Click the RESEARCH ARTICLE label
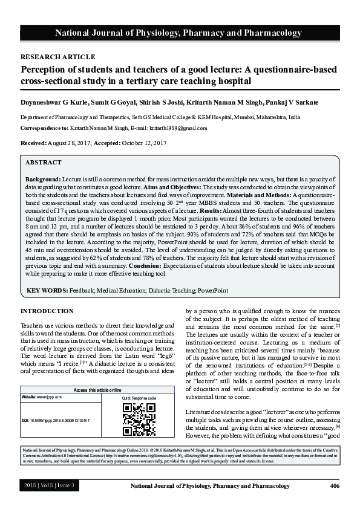(x=58, y=57)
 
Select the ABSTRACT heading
(x=43, y=163)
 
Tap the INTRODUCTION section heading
(x=47, y=311)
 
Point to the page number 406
(x=334, y=486)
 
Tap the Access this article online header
(x=97, y=391)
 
